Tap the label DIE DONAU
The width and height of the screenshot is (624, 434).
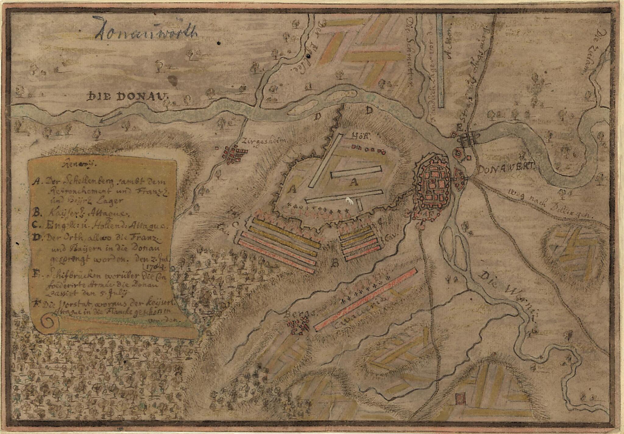tap(127, 97)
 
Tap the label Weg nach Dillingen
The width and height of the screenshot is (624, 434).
tap(550, 203)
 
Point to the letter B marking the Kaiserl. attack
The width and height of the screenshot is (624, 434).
tap(335, 263)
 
